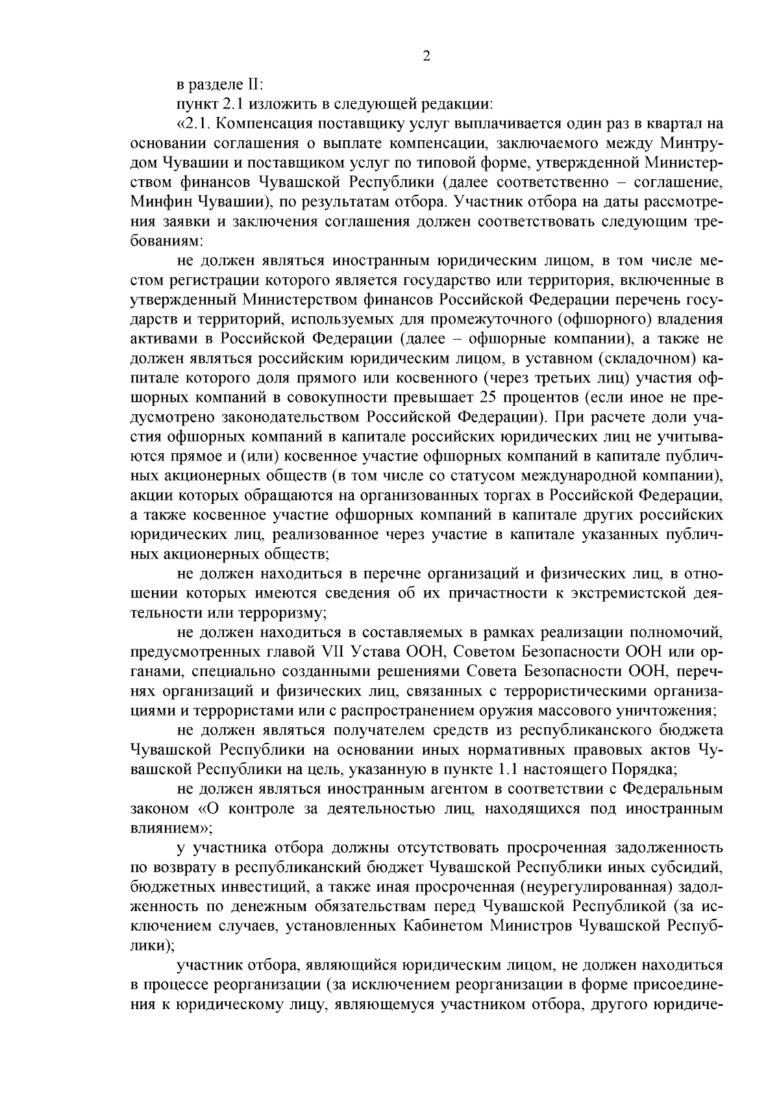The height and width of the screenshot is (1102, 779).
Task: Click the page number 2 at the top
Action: [x=426, y=56]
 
